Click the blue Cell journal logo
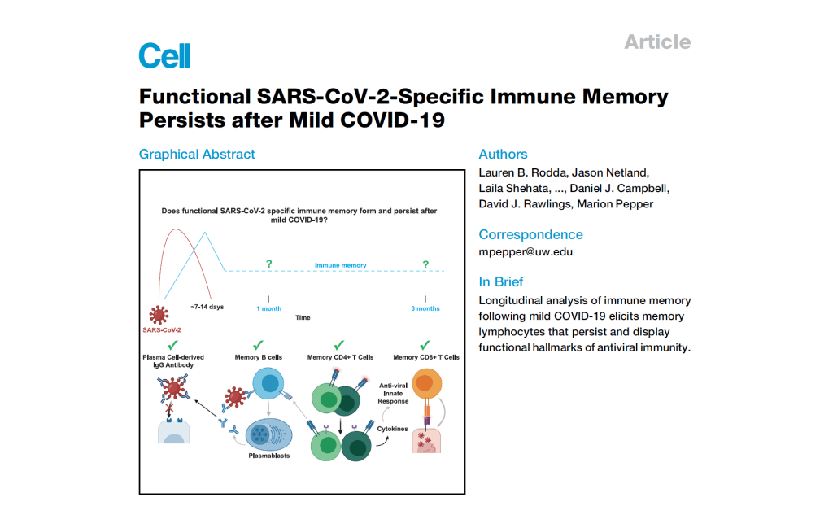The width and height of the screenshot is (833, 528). tap(164, 55)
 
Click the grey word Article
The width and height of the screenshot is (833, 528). tap(657, 41)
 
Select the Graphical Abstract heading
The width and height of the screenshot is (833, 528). tap(197, 154)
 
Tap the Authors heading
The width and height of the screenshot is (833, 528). tap(503, 154)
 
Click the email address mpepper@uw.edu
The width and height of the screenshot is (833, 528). tap(526, 252)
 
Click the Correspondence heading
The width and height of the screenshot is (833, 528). tap(530, 234)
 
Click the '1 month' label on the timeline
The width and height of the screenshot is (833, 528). tap(269, 308)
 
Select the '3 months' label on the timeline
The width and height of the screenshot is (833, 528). tap(425, 308)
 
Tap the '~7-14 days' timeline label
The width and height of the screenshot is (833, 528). tap(207, 308)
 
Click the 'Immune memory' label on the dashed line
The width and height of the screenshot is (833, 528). tap(340, 265)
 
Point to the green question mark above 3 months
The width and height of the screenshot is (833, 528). tap(425, 264)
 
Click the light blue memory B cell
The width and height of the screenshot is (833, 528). tap(268, 383)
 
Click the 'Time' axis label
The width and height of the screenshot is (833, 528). tap(303, 317)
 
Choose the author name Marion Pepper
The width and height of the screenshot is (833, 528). tap(614, 203)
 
